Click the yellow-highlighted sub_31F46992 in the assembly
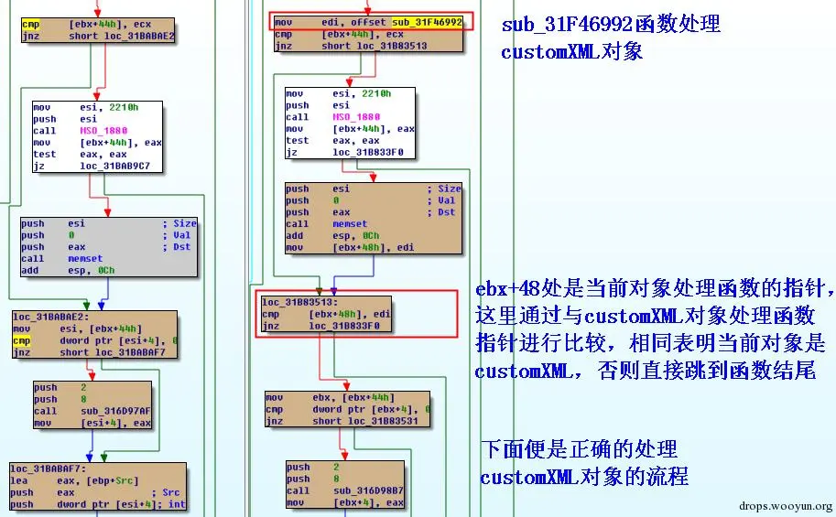click(x=427, y=20)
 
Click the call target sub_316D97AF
click(x=119, y=411)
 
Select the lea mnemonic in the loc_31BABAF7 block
click(x=19, y=479)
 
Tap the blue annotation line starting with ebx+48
click(x=654, y=291)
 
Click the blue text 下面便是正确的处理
click(x=579, y=449)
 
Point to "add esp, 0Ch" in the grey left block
click(x=68, y=271)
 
